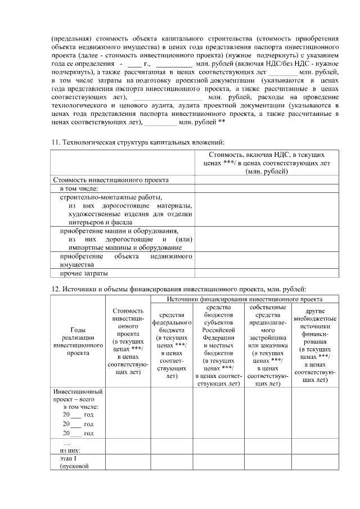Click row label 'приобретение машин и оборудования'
pyautogui.click(x=119, y=231)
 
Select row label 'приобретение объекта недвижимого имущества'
pyautogui.click(x=123, y=259)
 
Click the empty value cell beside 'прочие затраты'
pyautogui.click(x=266, y=273)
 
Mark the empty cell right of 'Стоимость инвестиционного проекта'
pyautogui.click(x=266, y=180)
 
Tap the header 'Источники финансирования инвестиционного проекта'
pyautogui.click(x=245, y=299)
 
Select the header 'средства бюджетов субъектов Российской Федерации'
pyautogui.click(x=218, y=344)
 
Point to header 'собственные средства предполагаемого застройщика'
pyautogui.click(x=267, y=344)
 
